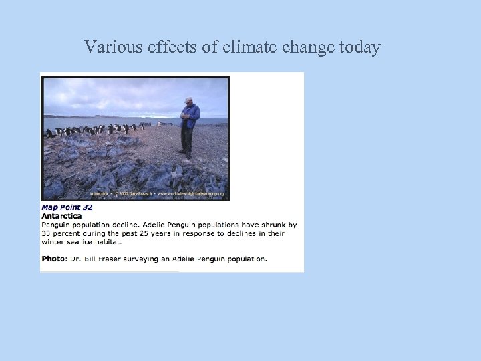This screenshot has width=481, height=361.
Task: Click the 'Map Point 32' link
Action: (x=67, y=207)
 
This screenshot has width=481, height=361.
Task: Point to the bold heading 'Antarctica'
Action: (x=61, y=216)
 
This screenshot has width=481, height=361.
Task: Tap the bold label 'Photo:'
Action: (x=54, y=259)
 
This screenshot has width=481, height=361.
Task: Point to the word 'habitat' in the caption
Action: (x=105, y=242)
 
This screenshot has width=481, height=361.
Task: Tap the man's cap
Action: (x=189, y=100)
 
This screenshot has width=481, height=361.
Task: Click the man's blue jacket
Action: (x=190, y=116)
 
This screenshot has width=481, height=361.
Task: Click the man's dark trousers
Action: (x=187, y=139)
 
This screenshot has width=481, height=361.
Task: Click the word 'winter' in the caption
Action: (x=53, y=242)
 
